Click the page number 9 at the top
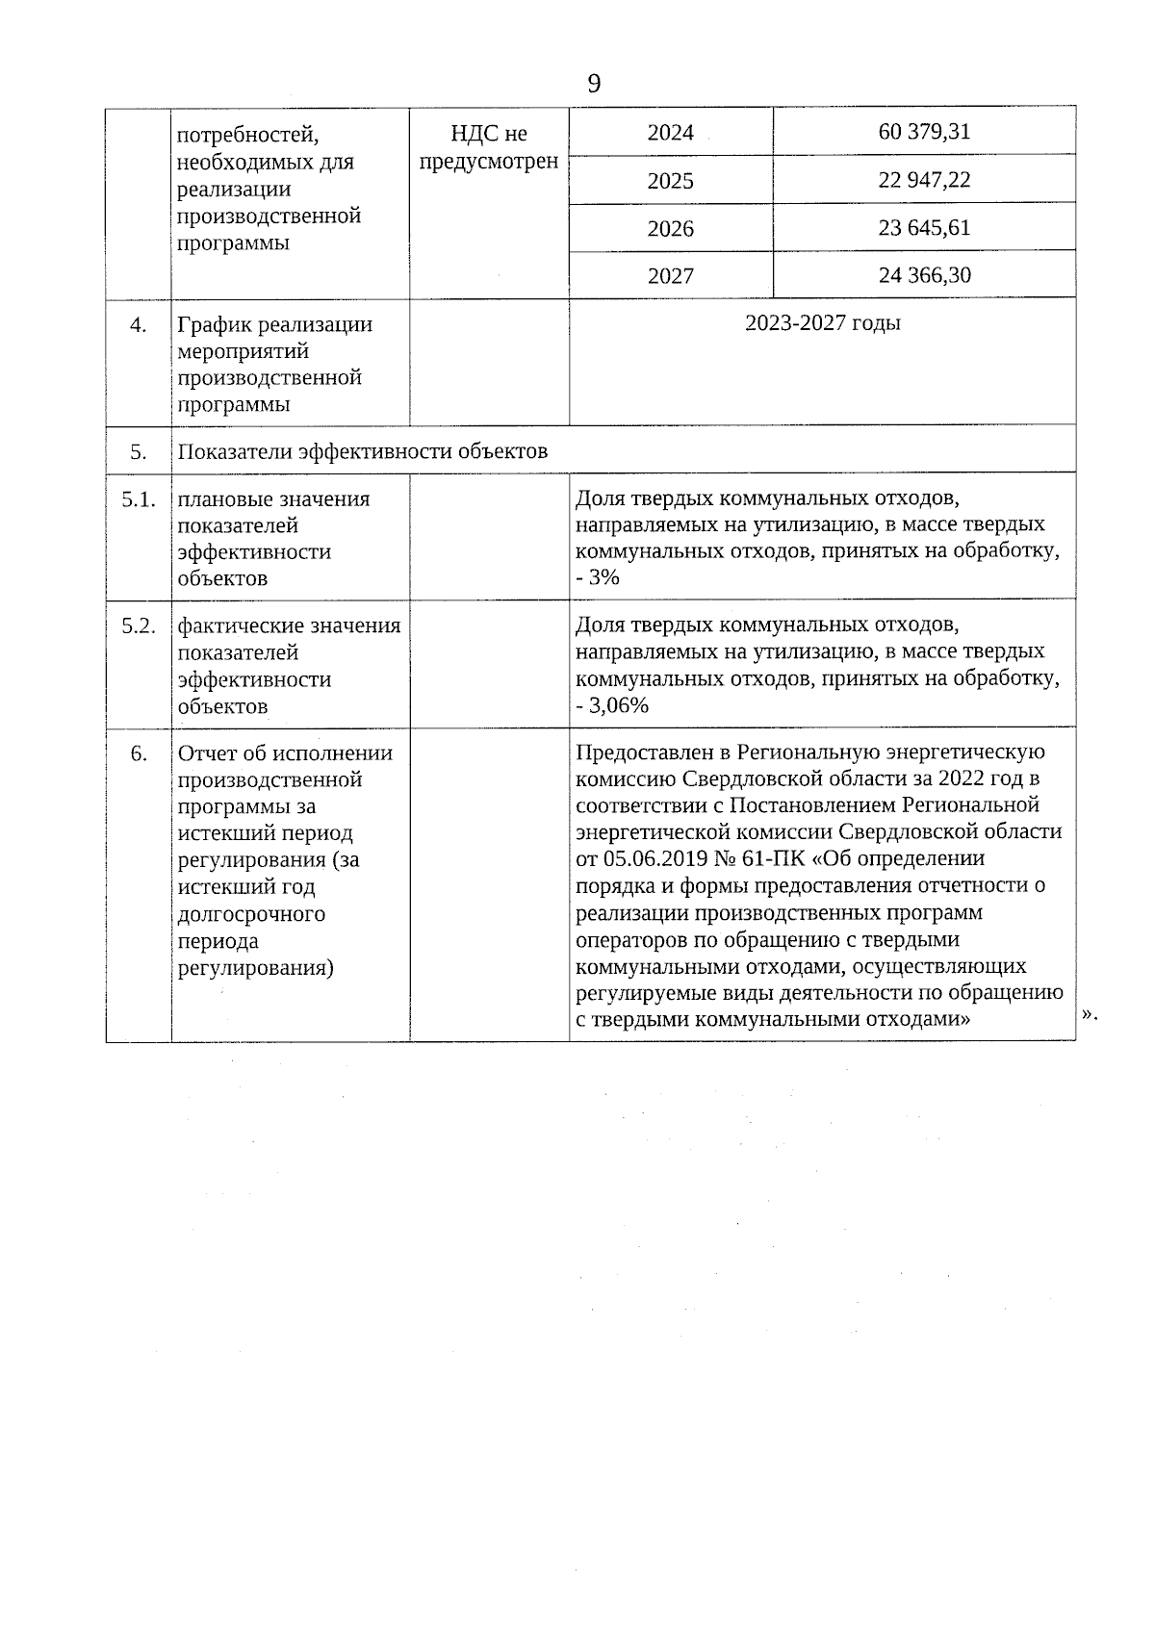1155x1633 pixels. coord(593,84)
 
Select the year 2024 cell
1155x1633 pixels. coord(670,133)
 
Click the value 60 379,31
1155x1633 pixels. coord(924,132)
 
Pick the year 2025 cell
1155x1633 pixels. coord(670,181)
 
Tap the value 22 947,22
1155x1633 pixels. coord(924,180)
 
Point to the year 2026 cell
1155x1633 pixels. coord(670,229)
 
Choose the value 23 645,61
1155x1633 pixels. coord(924,228)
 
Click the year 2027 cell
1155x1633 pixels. coord(670,276)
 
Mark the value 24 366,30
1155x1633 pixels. coord(924,275)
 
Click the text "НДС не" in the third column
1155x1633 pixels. coord(489,134)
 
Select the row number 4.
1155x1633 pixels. coord(138,325)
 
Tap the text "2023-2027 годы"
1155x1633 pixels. coord(822,322)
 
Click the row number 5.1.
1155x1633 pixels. coord(138,499)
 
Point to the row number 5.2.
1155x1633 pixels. coord(138,626)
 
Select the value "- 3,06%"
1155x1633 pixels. coord(612,706)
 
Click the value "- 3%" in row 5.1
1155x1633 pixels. coord(598,578)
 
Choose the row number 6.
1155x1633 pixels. coord(138,753)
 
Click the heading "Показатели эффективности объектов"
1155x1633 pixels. coord(363,451)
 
